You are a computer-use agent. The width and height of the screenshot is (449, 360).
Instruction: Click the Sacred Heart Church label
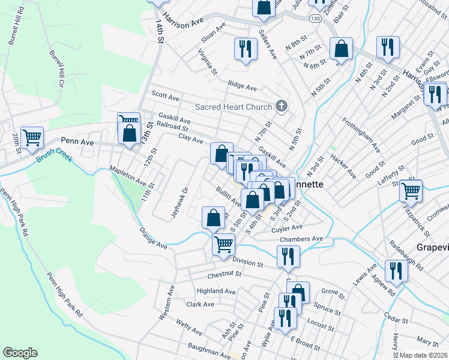click(x=233, y=107)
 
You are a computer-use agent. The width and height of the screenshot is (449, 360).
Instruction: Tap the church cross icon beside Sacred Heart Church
click(x=280, y=107)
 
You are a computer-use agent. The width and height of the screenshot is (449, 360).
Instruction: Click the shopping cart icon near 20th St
click(x=32, y=137)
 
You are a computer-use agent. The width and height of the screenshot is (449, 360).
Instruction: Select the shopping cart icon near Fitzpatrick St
click(x=411, y=191)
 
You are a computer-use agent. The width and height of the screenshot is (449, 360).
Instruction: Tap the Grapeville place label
click(x=432, y=247)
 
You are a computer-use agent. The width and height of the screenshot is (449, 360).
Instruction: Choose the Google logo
click(x=20, y=353)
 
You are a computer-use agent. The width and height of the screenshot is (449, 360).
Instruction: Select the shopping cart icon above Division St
click(x=223, y=244)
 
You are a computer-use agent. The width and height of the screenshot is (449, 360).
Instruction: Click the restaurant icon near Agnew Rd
click(x=396, y=271)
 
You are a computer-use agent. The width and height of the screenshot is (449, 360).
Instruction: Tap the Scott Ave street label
click(x=165, y=95)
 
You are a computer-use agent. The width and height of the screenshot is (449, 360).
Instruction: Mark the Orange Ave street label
click(x=153, y=238)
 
